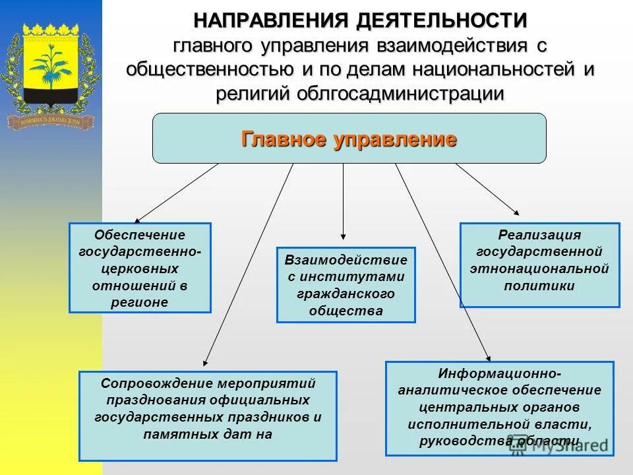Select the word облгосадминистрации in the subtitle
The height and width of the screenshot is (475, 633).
coord(401,94)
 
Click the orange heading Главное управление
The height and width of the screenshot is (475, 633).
coord(349,139)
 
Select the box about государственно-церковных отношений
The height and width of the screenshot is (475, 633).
coord(140,268)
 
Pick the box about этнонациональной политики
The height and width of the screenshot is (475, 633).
coord(539,265)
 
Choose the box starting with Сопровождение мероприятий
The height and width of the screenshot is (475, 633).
coord(208,416)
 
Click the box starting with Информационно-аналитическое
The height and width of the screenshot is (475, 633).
coord(499,408)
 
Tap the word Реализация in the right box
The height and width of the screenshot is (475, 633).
coord(539,235)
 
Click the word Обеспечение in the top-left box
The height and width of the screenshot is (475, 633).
coord(140,235)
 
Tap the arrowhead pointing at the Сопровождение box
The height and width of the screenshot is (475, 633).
coord(206,362)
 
